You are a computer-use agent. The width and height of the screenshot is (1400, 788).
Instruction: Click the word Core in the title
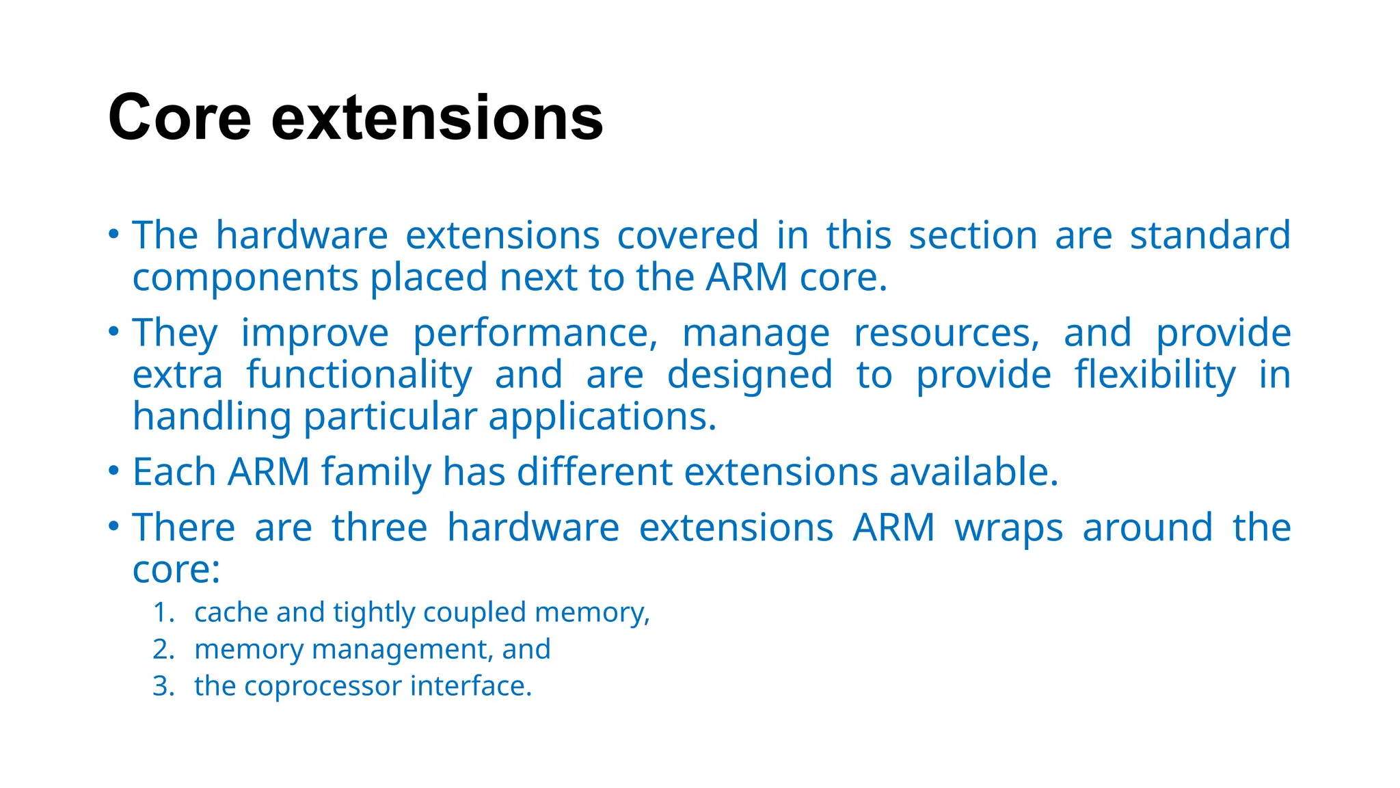coord(180,118)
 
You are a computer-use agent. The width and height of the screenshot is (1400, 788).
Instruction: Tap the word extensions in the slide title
coord(437,118)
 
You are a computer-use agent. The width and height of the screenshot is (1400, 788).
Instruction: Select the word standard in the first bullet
coord(1209,235)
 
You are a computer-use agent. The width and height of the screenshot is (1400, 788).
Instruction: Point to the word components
coord(245,278)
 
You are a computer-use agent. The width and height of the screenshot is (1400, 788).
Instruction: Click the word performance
coord(535,334)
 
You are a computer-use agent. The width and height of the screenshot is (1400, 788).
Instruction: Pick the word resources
coord(947,334)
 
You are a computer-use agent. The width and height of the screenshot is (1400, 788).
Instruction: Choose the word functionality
coord(359,376)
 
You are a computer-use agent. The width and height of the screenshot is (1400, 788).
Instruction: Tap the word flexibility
coord(1155,376)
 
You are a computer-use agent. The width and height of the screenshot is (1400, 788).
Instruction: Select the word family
coord(377,472)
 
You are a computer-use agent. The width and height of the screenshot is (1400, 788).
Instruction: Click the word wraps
coord(1008,528)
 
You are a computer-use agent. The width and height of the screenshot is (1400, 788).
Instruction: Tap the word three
coord(379,528)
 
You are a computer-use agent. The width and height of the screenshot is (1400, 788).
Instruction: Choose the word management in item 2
coord(402,650)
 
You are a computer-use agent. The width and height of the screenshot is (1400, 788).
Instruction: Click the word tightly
coord(374,613)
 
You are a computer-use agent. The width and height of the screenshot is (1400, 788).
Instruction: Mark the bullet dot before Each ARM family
coord(114,472)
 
